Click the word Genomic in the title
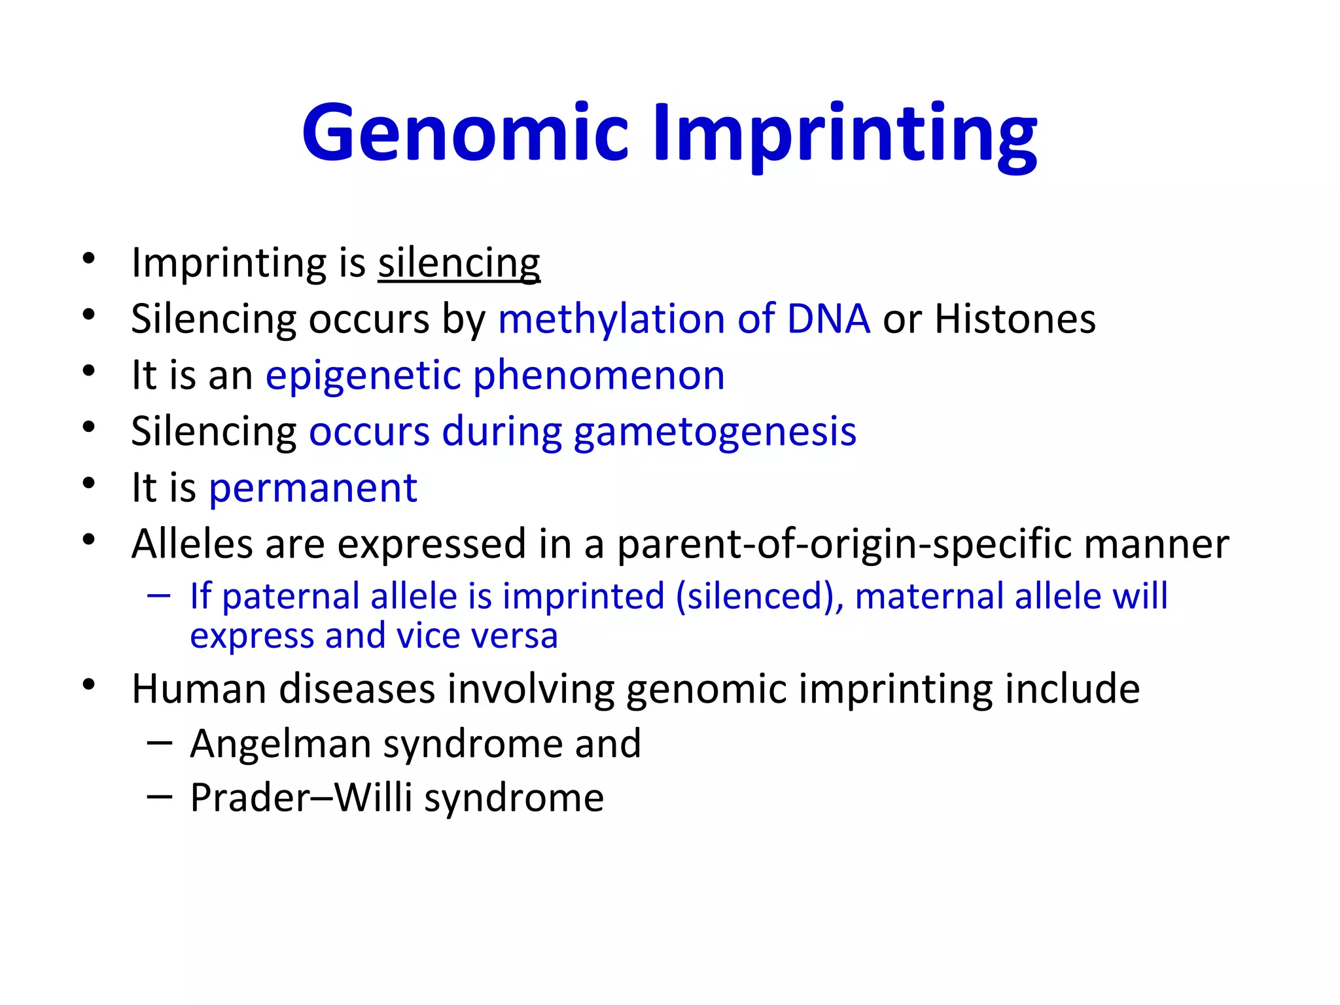click(x=465, y=134)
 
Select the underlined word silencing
click(x=459, y=264)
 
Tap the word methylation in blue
click(x=611, y=319)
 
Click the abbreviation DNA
click(x=828, y=319)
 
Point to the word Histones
click(x=1015, y=319)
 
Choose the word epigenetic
click(x=363, y=376)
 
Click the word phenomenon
click(x=599, y=376)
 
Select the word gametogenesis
click(x=714, y=432)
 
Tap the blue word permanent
click(x=313, y=488)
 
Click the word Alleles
click(x=192, y=544)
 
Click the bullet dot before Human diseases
click(x=90, y=686)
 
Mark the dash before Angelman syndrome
click(x=160, y=743)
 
